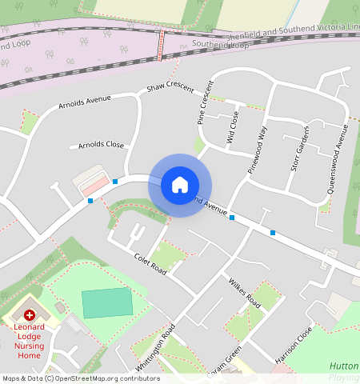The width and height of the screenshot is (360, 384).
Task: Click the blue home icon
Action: pyautogui.click(x=180, y=185)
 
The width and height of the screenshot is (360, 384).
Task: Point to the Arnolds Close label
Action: pyautogui.click(x=101, y=145)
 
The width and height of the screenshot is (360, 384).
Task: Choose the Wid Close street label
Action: pyautogui.click(x=233, y=126)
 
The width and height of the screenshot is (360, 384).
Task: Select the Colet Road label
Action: pyautogui.click(x=150, y=262)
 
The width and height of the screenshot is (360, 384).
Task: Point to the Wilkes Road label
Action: pyautogui.click(x=244, y=294)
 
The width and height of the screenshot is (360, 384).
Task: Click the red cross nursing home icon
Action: pyautogui.click(x=30, y=317)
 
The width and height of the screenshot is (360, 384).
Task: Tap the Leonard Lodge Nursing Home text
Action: pyautogui.click(x=29, y=337)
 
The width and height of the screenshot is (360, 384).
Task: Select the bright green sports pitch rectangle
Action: pyautogui.click(x=107, y=303)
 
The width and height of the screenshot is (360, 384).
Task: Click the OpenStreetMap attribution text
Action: pyautogui.click(x=81, y=378)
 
